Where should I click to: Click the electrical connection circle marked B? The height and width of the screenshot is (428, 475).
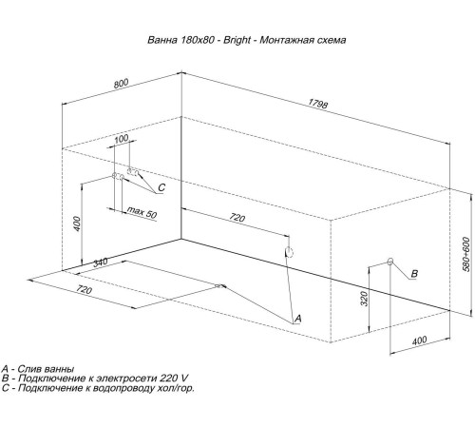pos(389,262)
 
